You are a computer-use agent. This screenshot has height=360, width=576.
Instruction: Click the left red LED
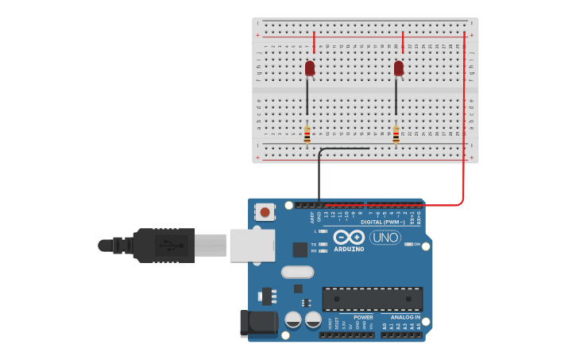click(x=310, y=68)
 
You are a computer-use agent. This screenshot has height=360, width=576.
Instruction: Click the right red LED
click(x=399, y=68)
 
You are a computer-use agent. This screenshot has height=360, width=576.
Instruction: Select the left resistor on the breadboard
click(x=307, y=136)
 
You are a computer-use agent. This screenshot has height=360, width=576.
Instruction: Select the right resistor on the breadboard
click(x=396, y=136)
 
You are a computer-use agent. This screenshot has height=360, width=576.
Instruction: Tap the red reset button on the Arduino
click(x=265, y=211)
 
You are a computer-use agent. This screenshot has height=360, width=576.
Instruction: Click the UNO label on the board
click(x=385, y=238)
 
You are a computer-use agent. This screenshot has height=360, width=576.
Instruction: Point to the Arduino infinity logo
click(x=349, y=237)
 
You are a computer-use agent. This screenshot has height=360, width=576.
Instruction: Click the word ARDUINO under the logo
click(x=349, y=249)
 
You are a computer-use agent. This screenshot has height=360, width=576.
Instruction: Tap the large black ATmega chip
click(x=372, y=300)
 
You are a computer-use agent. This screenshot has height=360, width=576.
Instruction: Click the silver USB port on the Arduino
click(x=252, y=246)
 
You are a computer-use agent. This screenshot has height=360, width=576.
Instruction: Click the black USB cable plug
click(x=163, y=245)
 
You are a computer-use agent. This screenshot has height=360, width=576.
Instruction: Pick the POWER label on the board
click(x=363, y=317)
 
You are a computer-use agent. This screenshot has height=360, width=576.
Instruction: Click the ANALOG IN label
click(x=404, y=317)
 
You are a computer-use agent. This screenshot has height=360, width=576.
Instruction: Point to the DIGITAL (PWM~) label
click(x=383, y=222)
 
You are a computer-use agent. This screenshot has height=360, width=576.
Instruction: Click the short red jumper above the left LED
click(x=314, y=43)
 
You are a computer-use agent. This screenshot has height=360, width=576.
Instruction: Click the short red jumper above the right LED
click(x=403, y=43)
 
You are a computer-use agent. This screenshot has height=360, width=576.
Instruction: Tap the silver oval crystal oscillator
click(x=297, y=272)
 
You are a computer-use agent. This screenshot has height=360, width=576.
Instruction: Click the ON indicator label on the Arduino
click(x=416, y=244)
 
